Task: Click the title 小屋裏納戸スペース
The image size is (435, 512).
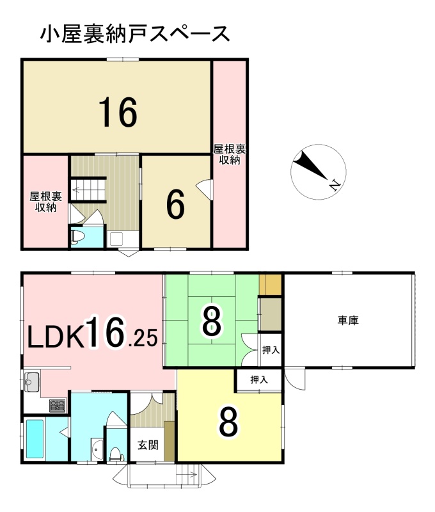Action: click(135, 35)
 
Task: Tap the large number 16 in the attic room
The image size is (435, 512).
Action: click(118, 113)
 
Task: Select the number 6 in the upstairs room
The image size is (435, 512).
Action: click(175, 205)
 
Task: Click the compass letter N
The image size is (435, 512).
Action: click(335, 186)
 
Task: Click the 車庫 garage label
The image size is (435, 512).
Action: click(348, 321)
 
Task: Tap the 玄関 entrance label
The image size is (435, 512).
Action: click(148, 445)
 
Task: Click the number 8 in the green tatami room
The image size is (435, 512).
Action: click(212, 323)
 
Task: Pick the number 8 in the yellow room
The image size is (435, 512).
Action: click(228, 423)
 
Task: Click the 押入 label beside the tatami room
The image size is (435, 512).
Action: click(271, 350)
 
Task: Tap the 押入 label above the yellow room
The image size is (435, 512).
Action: click(259, 380)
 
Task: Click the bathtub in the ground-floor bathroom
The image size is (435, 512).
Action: click(35, 439)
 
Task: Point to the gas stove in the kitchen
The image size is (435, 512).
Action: click(58, 406)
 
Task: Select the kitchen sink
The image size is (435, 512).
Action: click(31, 381)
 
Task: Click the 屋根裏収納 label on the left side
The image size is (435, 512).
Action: click(45, 202)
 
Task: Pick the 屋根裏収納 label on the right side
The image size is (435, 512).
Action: click(230, 154)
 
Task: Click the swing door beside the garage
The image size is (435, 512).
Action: click(295, 378)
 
